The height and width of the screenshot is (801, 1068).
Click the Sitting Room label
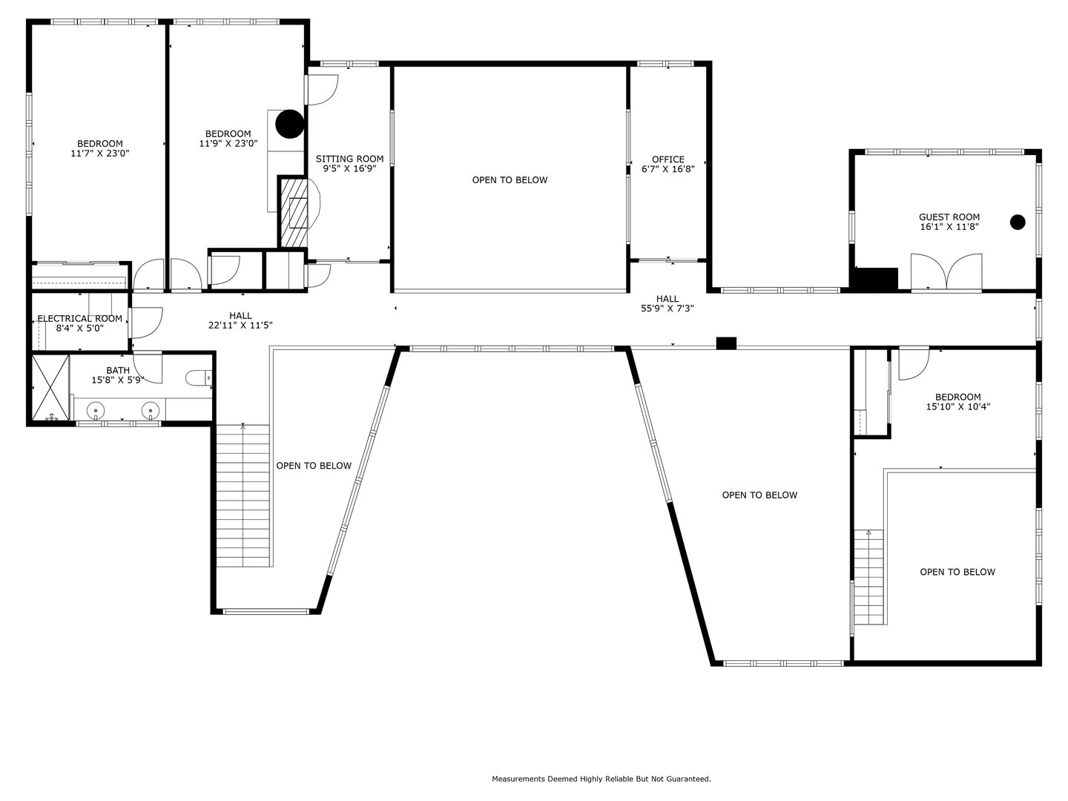point(349,159)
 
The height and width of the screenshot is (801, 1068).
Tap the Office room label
point(667,159)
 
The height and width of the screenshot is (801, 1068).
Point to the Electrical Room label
point(80,318)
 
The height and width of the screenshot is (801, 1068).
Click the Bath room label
point(118,370)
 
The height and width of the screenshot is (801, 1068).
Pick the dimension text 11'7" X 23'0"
point(100,154)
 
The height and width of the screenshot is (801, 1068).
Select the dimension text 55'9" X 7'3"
point(667,309)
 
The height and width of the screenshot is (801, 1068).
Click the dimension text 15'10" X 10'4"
point(957,406)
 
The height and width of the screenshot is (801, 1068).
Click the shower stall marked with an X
point(50,388)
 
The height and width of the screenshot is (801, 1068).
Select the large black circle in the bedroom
point(290,124)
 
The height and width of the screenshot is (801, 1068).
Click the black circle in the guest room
point(1018,221)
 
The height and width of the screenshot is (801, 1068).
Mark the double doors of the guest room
point(946,271)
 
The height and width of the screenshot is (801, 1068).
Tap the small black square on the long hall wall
point(726,343)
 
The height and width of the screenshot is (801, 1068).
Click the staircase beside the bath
point(243,495)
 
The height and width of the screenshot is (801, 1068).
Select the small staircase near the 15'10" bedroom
point(868,578)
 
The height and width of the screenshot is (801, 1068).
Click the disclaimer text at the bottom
point(601,779)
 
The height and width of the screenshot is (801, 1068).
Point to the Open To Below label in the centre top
point(510,180)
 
